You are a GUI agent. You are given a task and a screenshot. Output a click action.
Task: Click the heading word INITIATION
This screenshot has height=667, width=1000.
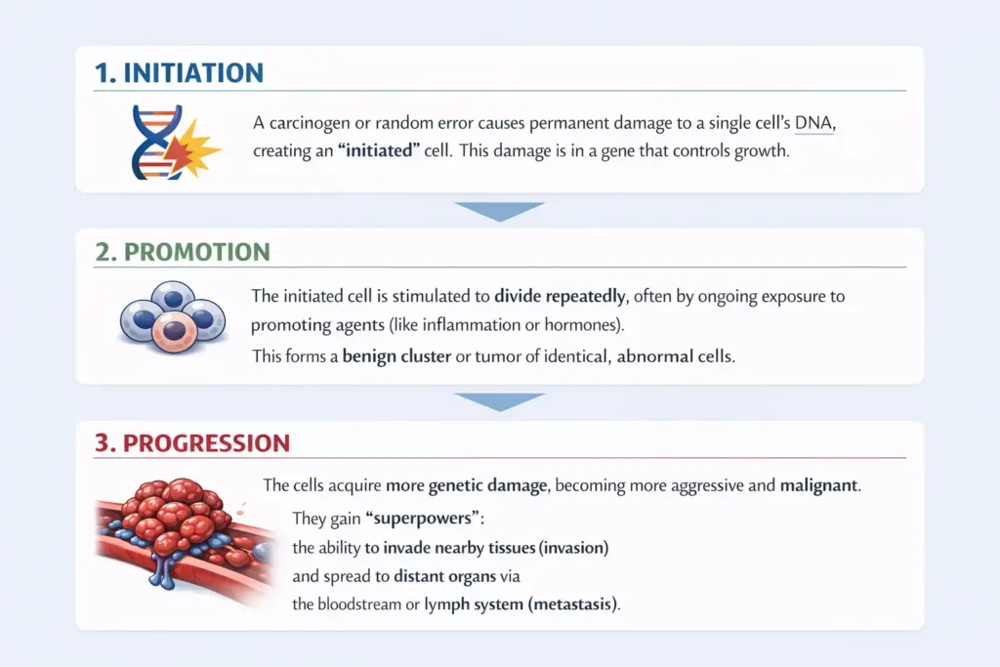click(x=193, y=72)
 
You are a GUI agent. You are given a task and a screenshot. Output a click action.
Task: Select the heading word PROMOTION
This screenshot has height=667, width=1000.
click(x=197, y=252)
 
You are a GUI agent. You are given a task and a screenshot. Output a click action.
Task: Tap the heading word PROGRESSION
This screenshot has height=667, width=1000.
click(x=206, y=443)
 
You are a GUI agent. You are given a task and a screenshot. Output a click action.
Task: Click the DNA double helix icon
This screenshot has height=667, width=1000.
click(x=155, y=142)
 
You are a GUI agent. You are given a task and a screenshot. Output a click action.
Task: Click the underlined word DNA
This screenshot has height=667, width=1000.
click(x=813, y=122)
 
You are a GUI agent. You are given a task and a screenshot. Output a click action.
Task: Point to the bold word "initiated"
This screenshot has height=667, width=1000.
click(x=379, y=150)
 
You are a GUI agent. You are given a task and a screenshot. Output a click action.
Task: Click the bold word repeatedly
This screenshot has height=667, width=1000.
click(x=586, y=297)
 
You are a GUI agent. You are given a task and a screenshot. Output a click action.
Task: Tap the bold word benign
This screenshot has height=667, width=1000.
click(x=366, y=355)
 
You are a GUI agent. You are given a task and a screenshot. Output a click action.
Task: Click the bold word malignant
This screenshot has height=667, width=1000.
click(x=819, y=485)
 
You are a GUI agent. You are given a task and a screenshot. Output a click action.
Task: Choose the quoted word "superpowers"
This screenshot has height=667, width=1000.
click(x=422, y=518)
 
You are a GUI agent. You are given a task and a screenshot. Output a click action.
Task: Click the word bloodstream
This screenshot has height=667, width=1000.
click(x=359, y=604)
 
